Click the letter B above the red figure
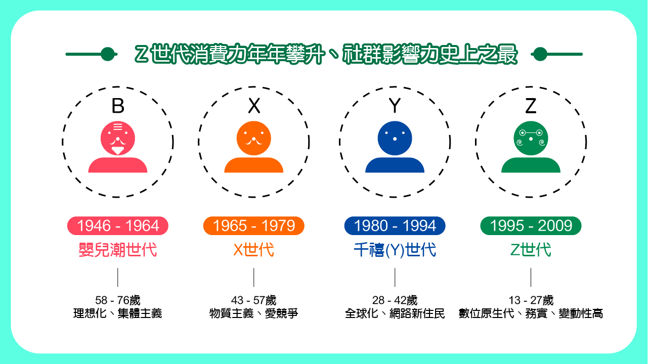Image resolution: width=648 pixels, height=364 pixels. (118, 106)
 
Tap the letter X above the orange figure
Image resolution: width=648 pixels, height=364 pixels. (254, 106)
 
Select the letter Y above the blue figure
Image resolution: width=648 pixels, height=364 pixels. (395, 106)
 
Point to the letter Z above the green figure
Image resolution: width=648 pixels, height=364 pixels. (531, 106)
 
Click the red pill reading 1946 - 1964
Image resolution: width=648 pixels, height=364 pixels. (118, 226)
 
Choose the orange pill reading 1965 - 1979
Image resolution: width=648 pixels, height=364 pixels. (254, 226)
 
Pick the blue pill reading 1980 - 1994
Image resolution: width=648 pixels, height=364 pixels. (395, 226)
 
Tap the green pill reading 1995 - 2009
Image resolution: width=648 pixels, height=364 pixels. (531, 226)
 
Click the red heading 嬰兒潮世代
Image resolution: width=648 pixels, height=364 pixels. (118, 250)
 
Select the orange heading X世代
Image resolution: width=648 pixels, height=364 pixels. (254, 250)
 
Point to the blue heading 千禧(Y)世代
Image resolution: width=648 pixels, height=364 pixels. (395, 250)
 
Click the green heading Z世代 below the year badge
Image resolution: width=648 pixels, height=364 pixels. (531, 250)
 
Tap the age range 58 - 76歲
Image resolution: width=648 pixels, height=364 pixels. (118, 300)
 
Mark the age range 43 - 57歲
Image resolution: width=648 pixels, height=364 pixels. (254, 300)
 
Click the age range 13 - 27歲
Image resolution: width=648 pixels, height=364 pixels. (531, 300)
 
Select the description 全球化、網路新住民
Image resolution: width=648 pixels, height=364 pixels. (395, 313)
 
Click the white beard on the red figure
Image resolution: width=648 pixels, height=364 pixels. (118, 150)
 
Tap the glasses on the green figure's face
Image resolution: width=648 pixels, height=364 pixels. (531, 132)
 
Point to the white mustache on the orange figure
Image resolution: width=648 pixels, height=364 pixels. (254, 141)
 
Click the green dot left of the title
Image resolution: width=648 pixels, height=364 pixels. (107, 54)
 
